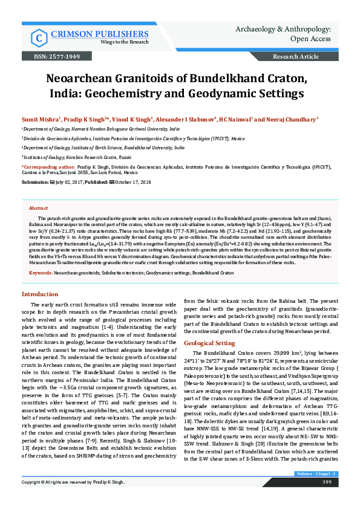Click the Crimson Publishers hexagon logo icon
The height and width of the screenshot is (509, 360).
[39, 36]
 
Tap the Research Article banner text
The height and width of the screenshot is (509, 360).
[296, 56]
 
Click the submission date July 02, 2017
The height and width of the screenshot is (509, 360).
[70, 181]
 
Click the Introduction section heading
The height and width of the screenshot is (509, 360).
[40, 294]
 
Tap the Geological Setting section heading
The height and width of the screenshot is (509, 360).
[209, 343]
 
